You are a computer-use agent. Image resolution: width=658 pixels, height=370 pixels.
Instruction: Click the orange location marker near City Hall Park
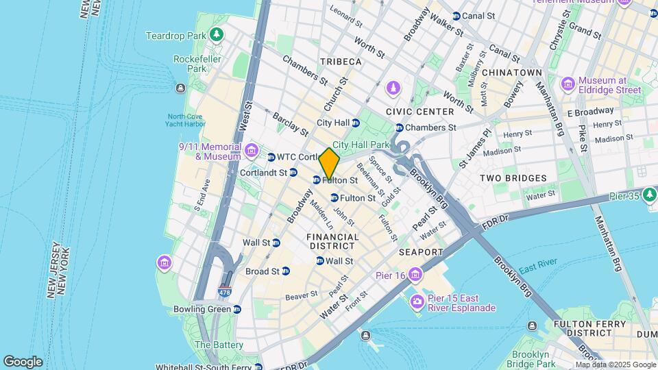pos(329,164)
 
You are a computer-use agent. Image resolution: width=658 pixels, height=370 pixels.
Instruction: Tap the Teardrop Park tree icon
pos(217,34)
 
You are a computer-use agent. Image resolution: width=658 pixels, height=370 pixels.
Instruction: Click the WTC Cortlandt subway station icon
pos(271,157)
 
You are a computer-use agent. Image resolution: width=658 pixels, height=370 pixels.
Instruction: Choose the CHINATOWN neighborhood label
pos(511,73)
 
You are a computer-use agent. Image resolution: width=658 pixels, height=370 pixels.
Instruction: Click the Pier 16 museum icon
pos(416,275)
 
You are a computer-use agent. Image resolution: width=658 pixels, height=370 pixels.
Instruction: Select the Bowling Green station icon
pos(237,309)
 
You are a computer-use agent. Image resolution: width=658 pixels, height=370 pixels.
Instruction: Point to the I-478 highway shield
pos(224,293)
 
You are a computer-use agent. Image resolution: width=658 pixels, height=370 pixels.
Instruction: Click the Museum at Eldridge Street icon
pos(568,84)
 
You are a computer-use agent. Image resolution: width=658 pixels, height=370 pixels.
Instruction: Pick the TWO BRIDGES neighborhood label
pos(513,178)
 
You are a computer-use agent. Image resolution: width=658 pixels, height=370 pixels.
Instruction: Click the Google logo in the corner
pos(23,362)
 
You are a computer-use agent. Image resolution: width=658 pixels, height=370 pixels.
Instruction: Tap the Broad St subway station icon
pos(286,271)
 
